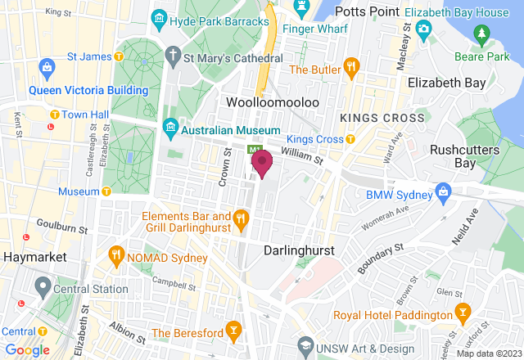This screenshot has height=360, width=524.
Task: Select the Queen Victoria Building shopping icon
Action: pyautogui.click(x=46, y=65)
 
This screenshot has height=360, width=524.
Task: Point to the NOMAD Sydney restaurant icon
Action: pyautogui.click(x=115, y=255)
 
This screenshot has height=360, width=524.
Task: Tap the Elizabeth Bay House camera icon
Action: pyautogui.click(x=422, y=31)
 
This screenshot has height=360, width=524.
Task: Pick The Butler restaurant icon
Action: pyautogui.click(x=351, y=66)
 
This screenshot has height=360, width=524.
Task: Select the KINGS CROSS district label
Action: pyautogui.click(x=382, y=118)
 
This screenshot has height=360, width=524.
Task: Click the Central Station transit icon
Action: pyautogui.click(x=41, y=287)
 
